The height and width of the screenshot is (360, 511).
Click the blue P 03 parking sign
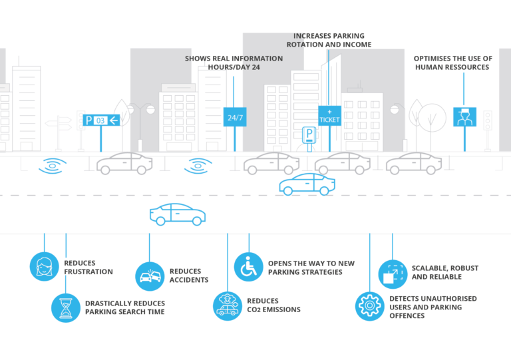click(x=101, y=120)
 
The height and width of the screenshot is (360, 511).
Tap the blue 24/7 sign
click(x=234, y=117)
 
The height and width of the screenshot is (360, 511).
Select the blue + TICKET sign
click(x=329, y=116)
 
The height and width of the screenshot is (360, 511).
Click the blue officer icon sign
click(x=465, y=116)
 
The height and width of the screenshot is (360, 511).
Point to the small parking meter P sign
click(x=309, y=134)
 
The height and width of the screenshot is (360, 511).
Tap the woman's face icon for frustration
click(x=45, y=266)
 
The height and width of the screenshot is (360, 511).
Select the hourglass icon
click(x=66, y=308)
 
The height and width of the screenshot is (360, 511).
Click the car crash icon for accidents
click(x=150, y=276)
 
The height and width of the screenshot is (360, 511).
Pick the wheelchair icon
click(x=249, y=267)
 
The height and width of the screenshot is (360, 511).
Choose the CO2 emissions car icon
click(x=228, y=305)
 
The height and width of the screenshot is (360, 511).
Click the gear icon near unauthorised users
click(x=369, y=306)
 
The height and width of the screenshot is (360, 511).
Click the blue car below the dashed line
click(x=177, y=214)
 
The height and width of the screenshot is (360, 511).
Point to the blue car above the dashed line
click(x=307, y=184)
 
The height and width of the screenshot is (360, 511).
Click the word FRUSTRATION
click(x=88, y=271)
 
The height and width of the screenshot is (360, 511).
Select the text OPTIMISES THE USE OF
click(x=452, y=59)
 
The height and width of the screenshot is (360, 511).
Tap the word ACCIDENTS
click(x=189, y=280)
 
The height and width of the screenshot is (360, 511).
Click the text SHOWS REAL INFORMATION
click(x=234, y=59)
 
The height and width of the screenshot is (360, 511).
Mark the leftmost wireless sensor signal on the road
click(x=53, y=165)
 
